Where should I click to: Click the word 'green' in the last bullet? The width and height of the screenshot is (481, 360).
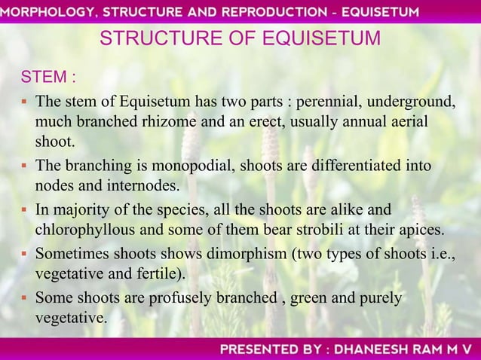tap(310, 299)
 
